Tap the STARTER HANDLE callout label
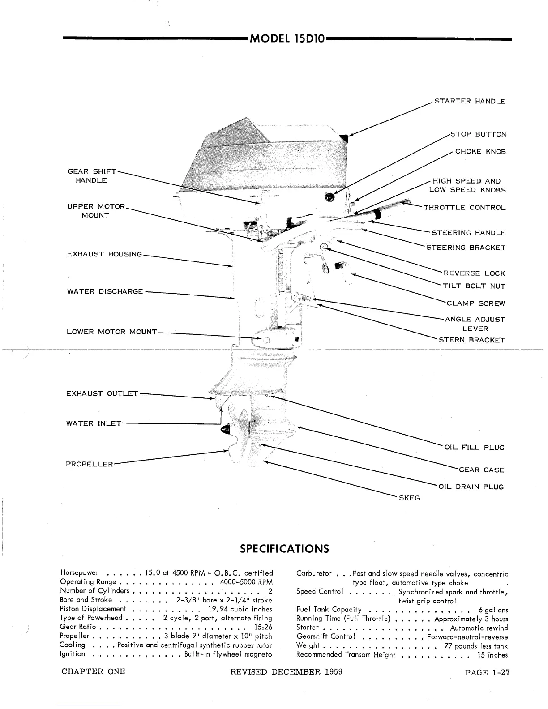coord(470,101)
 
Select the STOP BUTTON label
coord(478,134)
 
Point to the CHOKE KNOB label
coord(480,151)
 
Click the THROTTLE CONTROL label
coord(465,208)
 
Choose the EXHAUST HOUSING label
coord(104,254)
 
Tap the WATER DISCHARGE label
coord(105,292)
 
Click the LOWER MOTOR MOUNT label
coord(111,332)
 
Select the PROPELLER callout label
coord(90,464)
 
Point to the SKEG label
coord(409,498)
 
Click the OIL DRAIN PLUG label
coord(471,487)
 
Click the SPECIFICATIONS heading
coord(284,549)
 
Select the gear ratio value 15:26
coord(263,627)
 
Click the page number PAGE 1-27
coord(488,672)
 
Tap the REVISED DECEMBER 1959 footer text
coord(287,672)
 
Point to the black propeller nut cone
coord(224,430)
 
